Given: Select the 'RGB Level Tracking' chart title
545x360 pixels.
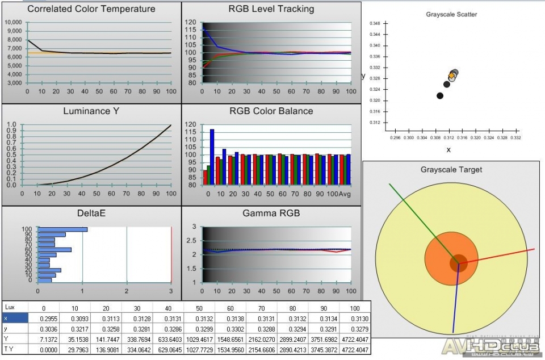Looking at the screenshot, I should (271, 9).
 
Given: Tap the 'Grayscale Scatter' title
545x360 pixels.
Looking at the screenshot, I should (451, 14).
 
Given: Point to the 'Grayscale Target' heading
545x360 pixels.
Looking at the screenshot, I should (451, 169).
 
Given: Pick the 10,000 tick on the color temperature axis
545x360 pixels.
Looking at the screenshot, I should (13, 22).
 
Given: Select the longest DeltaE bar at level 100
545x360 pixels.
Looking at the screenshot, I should (62, 229).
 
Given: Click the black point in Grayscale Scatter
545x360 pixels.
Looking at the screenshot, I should (440, 95).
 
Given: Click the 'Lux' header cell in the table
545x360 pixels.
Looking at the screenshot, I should (10, 307).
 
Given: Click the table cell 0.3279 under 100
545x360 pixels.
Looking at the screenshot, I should (355, 329).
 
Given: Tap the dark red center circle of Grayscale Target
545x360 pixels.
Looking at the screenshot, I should (458, 263).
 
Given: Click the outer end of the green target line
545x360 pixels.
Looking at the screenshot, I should (389, 183).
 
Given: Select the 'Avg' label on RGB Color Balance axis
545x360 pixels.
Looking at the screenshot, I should (345, 195).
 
